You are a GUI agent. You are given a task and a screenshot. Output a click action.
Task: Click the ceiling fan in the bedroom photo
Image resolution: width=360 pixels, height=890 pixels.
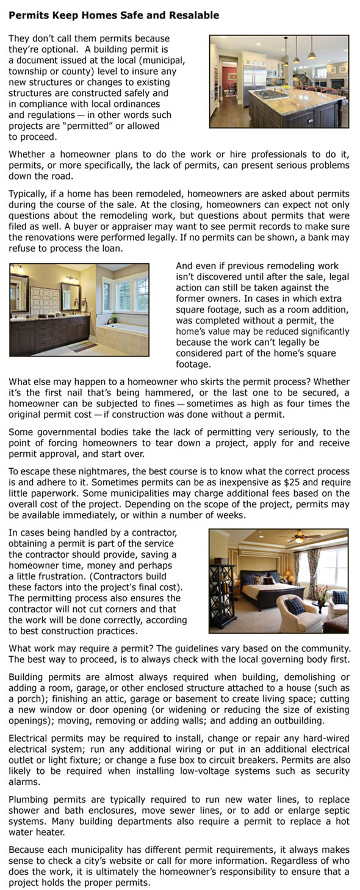coord(298,538)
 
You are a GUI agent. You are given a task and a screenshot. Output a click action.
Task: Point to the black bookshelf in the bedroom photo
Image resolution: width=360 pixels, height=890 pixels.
coord(224,596)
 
